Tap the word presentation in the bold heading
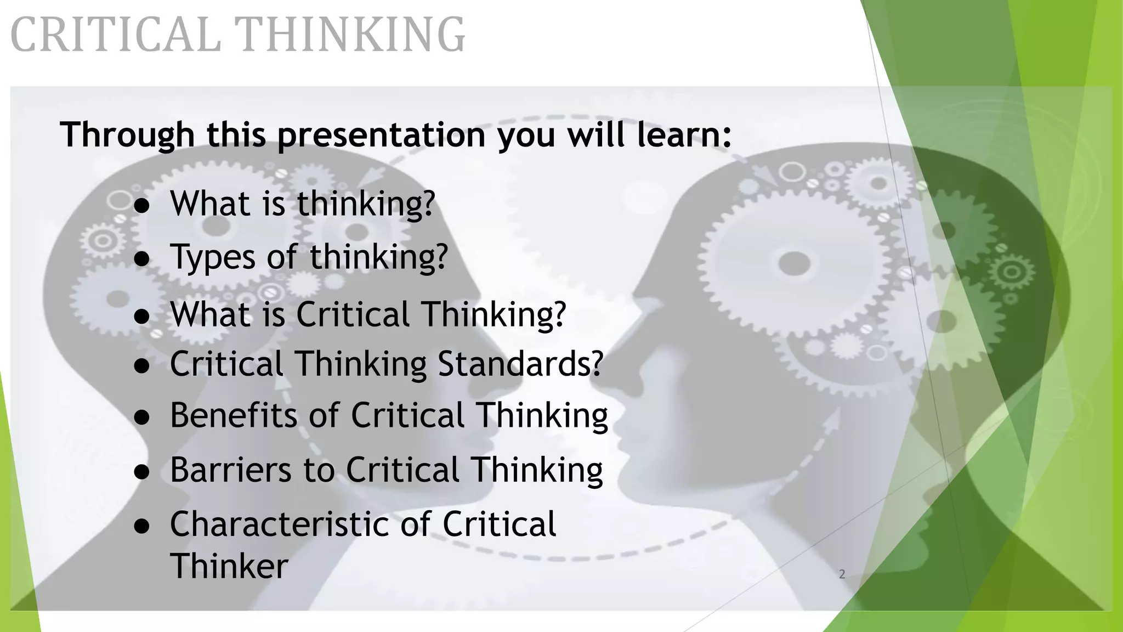(x=381, y=134)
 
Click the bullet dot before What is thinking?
(x=142, y=206)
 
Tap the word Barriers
(x=230, y=470)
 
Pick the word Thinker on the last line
(x=229, y=566)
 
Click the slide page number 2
(x=842, y=574)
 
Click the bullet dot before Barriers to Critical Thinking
(x=142, y=472)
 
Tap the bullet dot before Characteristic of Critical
(x=142, y=527)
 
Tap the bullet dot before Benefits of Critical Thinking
(x=142, y=417)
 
